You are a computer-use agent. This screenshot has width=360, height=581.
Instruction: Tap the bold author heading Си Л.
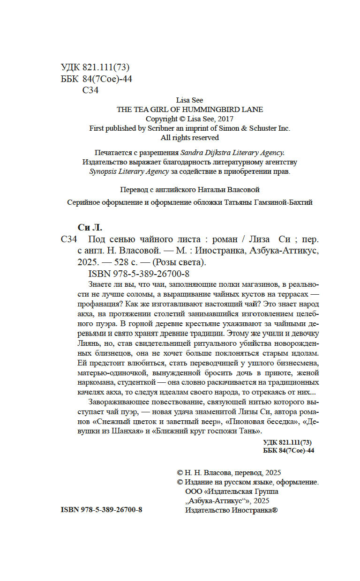tap(89, 228)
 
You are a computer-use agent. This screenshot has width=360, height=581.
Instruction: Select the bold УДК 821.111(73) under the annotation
tap(288, 442)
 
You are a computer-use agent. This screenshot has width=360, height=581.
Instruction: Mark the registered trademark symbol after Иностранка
tap(275, 510)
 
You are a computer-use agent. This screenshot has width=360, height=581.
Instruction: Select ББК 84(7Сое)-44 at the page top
tap(97, 79)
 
